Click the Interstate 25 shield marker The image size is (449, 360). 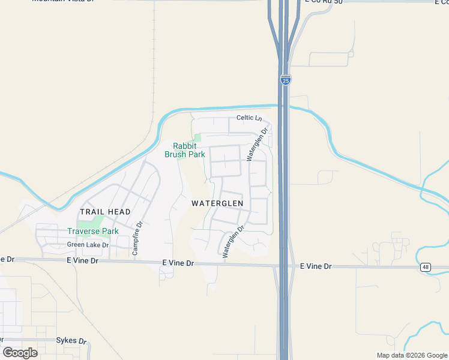pos(285,80)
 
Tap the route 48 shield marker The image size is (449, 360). pos(426,267)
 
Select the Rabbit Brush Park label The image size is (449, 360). pos(185,150)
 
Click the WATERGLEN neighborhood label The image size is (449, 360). pos(217,203)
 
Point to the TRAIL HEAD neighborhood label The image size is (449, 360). pos(105,212)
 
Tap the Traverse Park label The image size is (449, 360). pos(92,231)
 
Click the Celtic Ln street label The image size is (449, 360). pos(250,118)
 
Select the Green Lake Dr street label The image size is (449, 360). pos(88,245)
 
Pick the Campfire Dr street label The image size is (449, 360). pos(136,239)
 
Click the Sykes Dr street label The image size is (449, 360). pos(71,340)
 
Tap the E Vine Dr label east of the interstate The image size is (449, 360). pos(316,266)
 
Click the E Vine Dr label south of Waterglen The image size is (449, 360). pos(178,263)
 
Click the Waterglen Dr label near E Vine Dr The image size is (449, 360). pos(234,242)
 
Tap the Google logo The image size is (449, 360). pos(20,352)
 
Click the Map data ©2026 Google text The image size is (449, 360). pos(411,355)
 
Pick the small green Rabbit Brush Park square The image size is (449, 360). pos(197,138)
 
